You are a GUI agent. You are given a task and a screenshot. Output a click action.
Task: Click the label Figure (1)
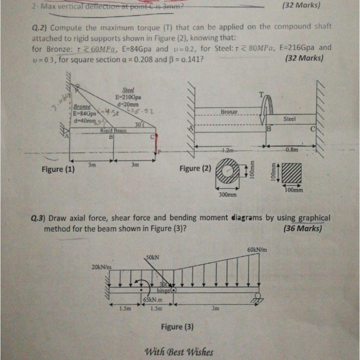tap(58, 169)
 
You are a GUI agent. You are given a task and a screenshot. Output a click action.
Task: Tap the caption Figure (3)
tap(177, 327)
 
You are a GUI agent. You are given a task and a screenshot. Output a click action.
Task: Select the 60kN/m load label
tap(257, 250)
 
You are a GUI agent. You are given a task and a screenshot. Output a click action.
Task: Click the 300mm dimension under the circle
tap(228, 195)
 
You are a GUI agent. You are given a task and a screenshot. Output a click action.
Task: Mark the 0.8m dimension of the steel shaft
tap(291, 150)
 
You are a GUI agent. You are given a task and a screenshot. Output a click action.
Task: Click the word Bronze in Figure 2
tap(229, 112)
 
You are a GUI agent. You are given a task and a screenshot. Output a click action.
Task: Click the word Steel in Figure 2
tap(290, 119)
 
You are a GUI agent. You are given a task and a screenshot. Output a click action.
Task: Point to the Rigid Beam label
tap(110, 131)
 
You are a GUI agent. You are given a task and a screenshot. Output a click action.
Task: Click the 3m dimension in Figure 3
tap(215, 309)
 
